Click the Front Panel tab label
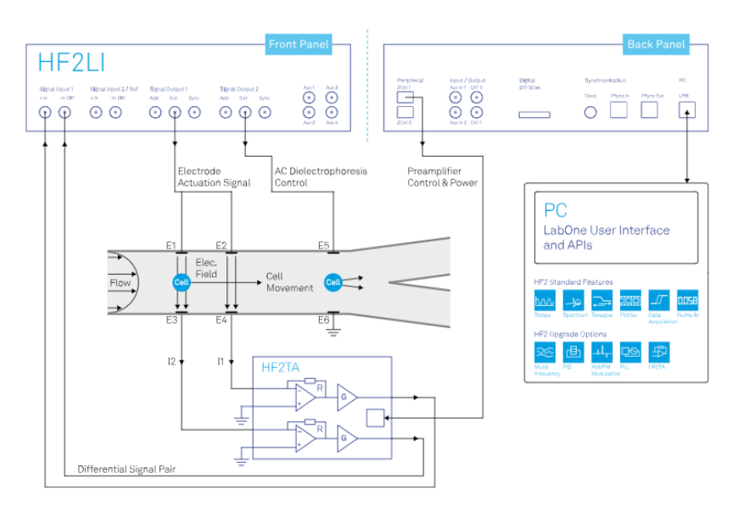[x=298, y=44]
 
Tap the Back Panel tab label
[x=656, y=44]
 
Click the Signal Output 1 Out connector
[x=174, y=112]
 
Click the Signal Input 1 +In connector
[x=43, y=112]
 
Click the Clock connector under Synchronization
[x=590, y=112]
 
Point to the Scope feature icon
[x=544, y=300]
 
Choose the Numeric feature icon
[x=687, y=300]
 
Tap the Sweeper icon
[x=601, y=300]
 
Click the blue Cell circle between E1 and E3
[x=180, y=282]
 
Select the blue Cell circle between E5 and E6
[x=333, y=281]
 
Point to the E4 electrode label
[x=222, y=320]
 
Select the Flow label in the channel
[x=120, y=282]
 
